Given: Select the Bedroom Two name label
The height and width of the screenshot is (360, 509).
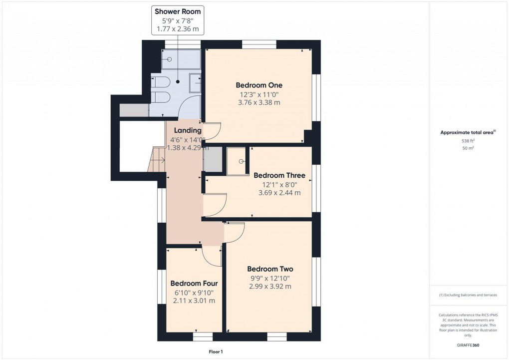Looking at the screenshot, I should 270,269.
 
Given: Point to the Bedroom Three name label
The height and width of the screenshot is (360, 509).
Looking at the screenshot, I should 279,175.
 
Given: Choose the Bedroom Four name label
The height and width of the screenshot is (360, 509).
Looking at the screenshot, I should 194,283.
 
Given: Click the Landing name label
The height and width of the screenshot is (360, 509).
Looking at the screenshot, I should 188,131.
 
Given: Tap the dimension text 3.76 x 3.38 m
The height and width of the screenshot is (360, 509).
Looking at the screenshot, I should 258,102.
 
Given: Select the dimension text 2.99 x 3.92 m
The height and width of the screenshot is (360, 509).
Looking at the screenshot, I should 270,286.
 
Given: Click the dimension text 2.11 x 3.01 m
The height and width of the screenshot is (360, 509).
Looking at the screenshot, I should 194,301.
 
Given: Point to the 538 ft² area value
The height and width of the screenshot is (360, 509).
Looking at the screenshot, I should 468,141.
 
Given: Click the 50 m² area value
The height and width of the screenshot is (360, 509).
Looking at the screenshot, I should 468,148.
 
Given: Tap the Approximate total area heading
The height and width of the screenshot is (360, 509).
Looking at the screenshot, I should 467,132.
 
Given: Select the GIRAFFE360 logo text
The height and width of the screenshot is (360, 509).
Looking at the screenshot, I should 468,345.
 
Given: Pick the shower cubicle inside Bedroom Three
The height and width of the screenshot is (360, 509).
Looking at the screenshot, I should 238,161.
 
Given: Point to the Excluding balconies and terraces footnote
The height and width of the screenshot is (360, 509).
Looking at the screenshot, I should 468,295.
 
